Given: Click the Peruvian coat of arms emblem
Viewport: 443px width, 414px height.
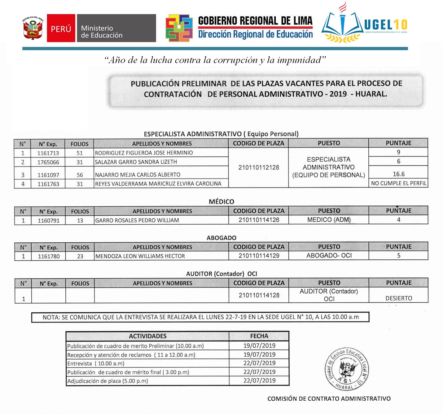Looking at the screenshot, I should (33, 28).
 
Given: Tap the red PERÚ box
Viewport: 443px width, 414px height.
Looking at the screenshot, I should (61, 28).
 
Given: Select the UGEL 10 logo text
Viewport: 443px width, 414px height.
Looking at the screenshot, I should (385, 25).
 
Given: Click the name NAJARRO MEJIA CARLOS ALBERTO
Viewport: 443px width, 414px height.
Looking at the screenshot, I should (138, 175).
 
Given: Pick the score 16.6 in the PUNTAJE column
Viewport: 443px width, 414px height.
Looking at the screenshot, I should (398, 174).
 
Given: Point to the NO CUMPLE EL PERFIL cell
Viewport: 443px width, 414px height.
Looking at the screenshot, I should (398, 183).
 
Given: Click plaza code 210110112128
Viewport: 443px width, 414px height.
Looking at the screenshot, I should (259, 168).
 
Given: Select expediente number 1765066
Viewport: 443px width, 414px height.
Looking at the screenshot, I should (48, 162).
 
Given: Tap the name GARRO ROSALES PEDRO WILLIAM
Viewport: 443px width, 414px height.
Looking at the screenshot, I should (137, 220).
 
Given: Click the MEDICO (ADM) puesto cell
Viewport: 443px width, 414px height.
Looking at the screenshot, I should (329, 220).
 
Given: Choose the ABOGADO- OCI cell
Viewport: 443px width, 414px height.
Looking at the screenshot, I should (329, 256).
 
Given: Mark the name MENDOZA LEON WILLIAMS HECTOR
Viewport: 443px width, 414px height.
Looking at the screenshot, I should (140, 256).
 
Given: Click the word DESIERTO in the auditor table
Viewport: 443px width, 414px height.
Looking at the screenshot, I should (399, 298).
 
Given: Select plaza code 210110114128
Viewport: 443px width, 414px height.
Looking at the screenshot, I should (259, 295).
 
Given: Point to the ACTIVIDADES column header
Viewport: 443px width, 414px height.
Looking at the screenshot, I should (147, 336).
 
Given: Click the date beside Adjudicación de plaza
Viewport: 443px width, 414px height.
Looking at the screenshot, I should (259, 381).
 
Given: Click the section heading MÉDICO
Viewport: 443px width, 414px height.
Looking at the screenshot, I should (221, 202).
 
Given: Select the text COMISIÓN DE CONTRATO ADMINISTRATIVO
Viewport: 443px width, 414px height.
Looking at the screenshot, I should (329, 399).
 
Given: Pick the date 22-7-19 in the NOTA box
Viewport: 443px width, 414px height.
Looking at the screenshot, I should (236, 317).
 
